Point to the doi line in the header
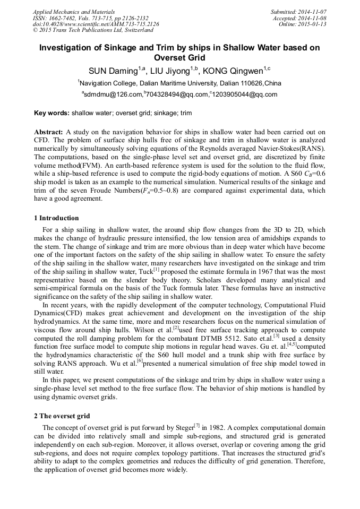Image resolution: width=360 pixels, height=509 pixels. (96, 24)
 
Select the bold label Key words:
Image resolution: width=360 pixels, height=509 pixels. (52, 113)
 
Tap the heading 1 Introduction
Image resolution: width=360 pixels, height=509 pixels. (56, 218)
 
